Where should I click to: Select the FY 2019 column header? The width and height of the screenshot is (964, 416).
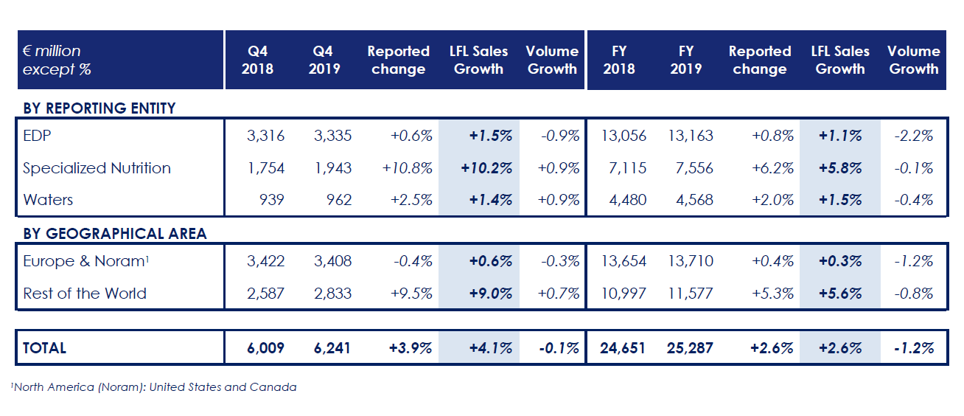click(686, 60)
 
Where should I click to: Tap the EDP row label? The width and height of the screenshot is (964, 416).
click(37, 136)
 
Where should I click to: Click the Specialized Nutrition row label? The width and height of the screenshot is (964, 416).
click(97, 168)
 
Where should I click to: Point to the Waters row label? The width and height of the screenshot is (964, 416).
click(48, 200)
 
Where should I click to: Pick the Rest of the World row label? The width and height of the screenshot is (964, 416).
click(85, 294)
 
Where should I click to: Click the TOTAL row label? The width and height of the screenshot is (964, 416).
click(44, 348)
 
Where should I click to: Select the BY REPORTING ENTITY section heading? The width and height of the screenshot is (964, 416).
click(99, 108)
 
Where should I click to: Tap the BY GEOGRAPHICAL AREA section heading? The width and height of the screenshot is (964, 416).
click(115, 234)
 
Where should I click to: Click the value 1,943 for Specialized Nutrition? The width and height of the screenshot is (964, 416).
click(332, 168)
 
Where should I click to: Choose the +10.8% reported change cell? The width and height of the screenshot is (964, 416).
click(408, 168)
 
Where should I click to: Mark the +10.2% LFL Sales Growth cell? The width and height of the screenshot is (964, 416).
click(486, 168)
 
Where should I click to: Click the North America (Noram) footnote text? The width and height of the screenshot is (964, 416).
click(154, 387)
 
